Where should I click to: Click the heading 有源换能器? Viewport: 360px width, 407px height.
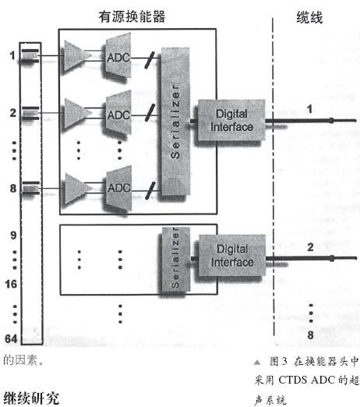click(132, 17)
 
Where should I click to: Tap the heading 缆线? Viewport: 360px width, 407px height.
click(309, 18)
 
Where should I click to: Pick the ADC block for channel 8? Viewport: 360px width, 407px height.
click(119, 188)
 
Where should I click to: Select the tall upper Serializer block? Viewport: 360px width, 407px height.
click(175, 121)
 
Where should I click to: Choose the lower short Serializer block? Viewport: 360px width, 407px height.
click(175, 260)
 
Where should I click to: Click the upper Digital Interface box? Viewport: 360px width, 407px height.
click(231, 120)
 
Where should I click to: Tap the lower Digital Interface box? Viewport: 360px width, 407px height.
click(232, 256)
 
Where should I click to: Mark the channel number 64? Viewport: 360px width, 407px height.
click(11, 338)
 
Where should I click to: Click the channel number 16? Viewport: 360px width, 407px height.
click(11, 284)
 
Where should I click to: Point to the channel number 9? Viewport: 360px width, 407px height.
click(13, 235)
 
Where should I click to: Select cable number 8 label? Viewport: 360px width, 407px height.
click(310, 334)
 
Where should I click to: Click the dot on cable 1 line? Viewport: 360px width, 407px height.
click(331, 120)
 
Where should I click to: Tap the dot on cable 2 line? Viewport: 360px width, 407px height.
click(332, 258)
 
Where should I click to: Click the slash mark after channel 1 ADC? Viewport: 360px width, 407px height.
click(150, 60)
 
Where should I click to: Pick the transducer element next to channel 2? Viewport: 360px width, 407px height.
click(30, 113)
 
